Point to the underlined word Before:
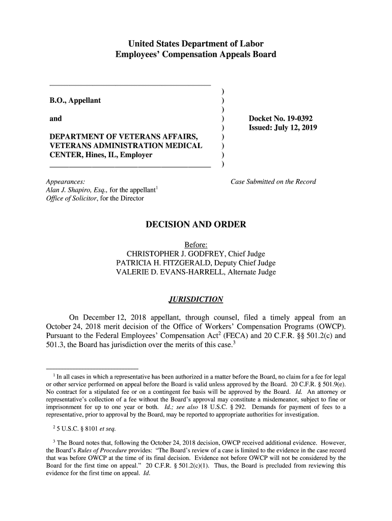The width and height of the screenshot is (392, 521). [196, 245]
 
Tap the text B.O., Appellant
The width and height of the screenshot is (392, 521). [75, 100]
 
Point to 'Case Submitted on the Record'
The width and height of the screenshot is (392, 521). [273, 182]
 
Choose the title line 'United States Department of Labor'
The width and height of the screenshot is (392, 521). [195, 44]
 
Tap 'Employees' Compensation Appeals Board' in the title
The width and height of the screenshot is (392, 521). [195, 54]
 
